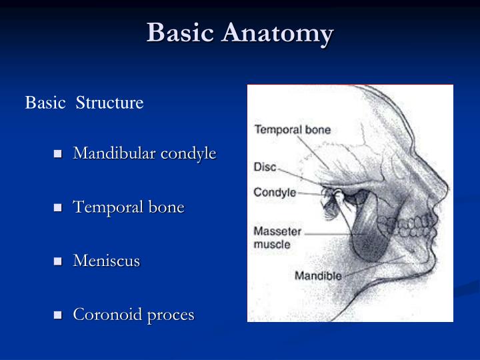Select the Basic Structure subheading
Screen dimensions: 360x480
(x=84, y=103)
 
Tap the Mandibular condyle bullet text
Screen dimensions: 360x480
(x=145, y=153)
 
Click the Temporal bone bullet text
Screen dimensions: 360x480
(x=129, y=207)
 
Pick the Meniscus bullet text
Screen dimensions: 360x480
(x=107, y=261)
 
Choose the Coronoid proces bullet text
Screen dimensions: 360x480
(x=133, y=315)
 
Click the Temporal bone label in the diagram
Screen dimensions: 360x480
(x=292, y=130)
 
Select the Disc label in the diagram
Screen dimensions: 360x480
(x=265, y=168)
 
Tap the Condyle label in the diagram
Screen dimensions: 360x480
(x=274, y=193)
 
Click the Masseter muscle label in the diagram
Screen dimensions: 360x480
(x=277, y=238)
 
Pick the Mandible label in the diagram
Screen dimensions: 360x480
(x=317, y=275)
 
